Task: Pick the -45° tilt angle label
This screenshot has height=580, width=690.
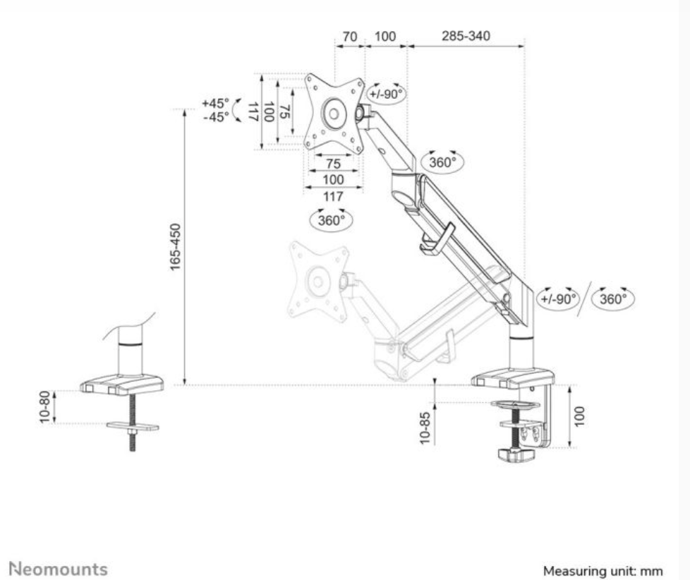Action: tap(214, 117)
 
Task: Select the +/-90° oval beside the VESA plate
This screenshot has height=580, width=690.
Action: tap(386, 93)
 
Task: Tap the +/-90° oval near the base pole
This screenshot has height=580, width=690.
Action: tap(557, 298)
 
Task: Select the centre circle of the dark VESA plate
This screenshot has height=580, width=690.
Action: tap(333, 111)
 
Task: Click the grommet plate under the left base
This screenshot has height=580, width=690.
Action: tap(132, 427)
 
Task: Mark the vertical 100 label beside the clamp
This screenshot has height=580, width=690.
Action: tap(579, 416)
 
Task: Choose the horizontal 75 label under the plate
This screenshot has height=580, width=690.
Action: tap(333, 164)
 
